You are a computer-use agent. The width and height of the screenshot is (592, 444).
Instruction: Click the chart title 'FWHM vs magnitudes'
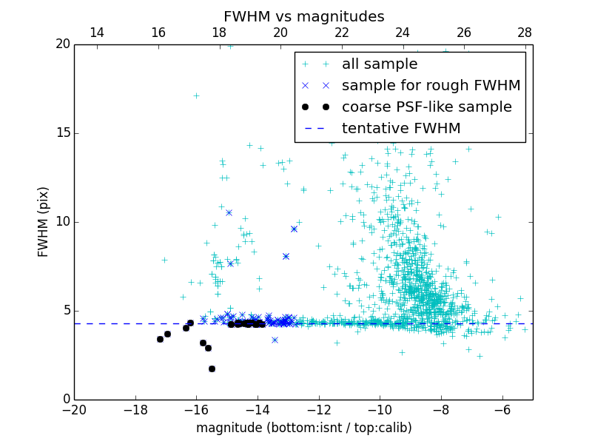[303, 16]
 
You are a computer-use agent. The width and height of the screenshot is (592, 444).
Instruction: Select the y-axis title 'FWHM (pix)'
[44, 222]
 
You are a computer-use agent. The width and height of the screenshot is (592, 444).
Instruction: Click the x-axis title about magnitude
[303, 428]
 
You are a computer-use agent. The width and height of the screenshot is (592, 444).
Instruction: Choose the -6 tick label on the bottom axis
[502, 409]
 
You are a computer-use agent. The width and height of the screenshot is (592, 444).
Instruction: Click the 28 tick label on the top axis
[525, 33]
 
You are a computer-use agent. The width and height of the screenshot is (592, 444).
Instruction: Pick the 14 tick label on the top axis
[96, 33]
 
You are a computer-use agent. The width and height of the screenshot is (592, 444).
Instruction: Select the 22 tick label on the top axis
[342, 33]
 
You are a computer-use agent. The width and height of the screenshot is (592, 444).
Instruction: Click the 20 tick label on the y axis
[61, 44]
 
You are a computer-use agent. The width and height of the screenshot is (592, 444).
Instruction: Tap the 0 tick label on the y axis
[65, 400]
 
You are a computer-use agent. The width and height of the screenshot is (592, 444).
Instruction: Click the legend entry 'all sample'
[380, 64]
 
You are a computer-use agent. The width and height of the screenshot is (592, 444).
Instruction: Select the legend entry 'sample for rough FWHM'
[431, 86]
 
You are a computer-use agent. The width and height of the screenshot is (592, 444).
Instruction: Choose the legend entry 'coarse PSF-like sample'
[426, 107]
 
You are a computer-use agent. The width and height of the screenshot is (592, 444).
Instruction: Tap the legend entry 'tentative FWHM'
[401, 129]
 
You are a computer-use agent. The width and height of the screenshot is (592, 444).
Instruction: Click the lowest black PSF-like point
[212, 369]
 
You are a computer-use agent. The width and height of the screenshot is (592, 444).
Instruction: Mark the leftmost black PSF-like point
[160, 339]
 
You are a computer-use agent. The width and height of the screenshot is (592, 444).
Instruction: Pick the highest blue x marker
[229, 212]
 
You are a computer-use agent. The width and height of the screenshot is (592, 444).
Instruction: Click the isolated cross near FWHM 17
[196, 95]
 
